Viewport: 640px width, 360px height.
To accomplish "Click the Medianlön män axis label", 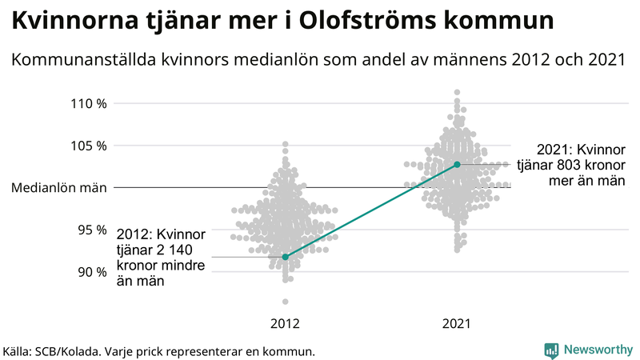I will pos(59,188).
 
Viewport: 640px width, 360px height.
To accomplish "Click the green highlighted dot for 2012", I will pos(286,257).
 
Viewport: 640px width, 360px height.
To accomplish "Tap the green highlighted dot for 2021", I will pos(457,165).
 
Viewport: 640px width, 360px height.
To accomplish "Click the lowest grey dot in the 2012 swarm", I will pos(286,302).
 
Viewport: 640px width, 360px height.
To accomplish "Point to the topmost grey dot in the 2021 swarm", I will pos(457,93).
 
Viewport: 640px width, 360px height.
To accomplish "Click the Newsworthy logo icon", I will pos(551,350).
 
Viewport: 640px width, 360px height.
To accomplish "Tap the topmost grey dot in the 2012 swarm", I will pos(286,145).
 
